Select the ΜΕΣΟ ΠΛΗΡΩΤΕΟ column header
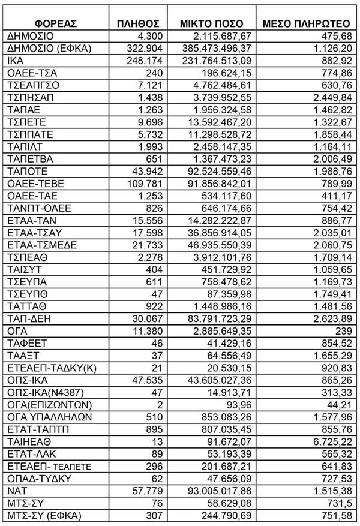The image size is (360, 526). tap(307, 23)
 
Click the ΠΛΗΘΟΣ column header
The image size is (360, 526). tap(139, 23)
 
